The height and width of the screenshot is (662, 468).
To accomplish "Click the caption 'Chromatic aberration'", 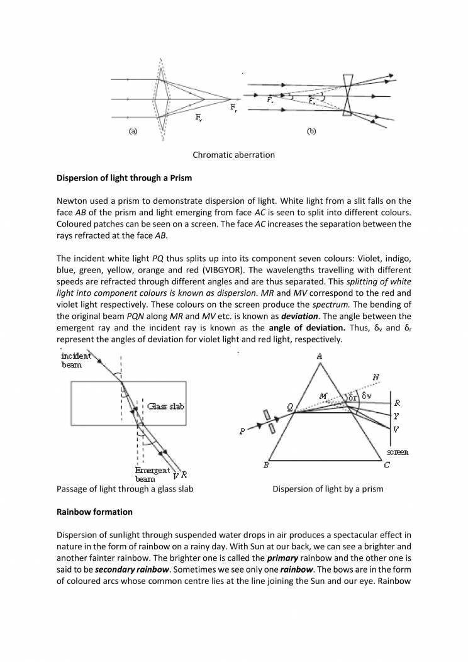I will click(x=233, y=155).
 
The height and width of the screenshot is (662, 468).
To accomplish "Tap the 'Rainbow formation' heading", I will click(x=94, y=512).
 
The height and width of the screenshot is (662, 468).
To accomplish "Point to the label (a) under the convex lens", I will click(x=133, y=132).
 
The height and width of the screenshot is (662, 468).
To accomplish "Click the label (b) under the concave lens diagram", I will click(x=311, y=132).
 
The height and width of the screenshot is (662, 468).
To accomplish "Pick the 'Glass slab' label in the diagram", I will click(x=165, y=407).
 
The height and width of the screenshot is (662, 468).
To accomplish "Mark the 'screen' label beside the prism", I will click(x=398, y=452).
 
